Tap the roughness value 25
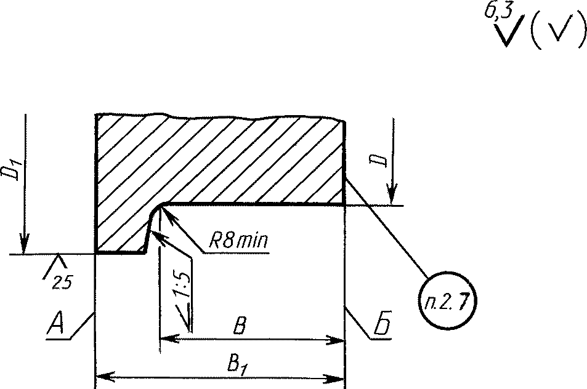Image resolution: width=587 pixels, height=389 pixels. click(x=62, y=281)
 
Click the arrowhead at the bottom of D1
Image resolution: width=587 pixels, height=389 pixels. click(x=24, y=246)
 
